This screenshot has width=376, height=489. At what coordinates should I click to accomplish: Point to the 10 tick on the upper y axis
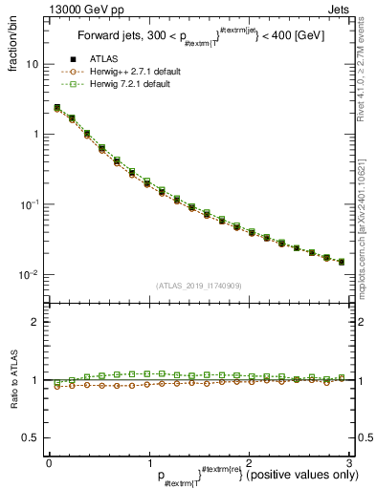31,64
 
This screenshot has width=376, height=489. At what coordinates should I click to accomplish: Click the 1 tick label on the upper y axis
34,135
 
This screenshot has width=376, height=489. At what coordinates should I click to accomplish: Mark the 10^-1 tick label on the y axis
29,204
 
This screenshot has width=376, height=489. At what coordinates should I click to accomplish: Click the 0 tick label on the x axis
49,461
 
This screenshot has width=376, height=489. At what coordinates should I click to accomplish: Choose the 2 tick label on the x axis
248,461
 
